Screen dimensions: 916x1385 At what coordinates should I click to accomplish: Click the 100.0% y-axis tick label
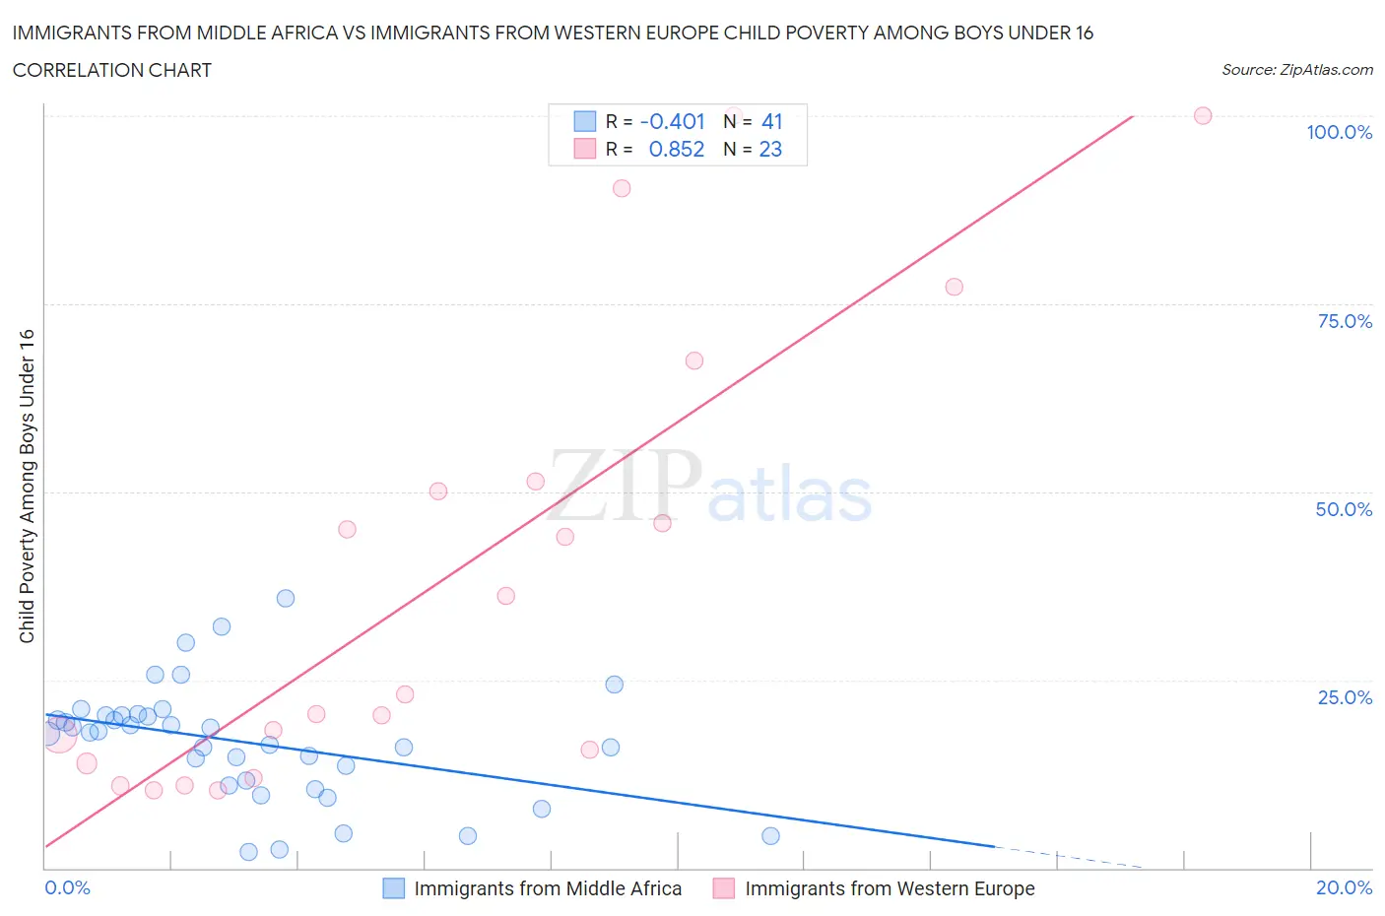[1339, 132]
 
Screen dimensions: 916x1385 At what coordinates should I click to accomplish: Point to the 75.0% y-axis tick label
[1345, 321]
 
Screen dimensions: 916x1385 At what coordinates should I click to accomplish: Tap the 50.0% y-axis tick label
[1344, 509]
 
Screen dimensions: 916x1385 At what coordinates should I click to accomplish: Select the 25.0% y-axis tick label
[1345, 697]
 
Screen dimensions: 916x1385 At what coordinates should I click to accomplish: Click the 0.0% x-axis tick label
[67, 887]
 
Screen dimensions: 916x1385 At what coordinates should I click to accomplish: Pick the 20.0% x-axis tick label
[1344, 887]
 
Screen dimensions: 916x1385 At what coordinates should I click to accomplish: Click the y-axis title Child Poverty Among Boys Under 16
[27, 486]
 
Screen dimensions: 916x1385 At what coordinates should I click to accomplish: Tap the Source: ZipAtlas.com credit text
[1296, 69]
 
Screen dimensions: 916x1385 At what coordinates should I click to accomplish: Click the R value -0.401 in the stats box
[672, 121]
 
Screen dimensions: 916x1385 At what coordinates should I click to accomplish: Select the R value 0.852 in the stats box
[676, 149]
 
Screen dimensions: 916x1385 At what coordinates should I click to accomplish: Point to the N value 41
[771, 121]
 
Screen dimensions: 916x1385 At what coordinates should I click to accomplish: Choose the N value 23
[770, 149]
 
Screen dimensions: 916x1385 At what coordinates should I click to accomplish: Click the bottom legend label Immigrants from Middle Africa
[548, 888]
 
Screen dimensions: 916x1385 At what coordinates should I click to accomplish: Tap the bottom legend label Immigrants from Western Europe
[890, 888]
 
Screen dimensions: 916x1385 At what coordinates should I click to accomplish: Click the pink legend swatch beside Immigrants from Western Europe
[724, 888]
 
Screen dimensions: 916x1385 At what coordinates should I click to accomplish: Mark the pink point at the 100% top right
[1202, 115]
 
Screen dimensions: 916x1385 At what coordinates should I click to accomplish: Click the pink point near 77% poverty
[954, 287]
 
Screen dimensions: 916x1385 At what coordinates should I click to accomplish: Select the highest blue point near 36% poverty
[286, 598]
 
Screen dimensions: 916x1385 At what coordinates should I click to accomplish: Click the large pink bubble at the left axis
[58, 735]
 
